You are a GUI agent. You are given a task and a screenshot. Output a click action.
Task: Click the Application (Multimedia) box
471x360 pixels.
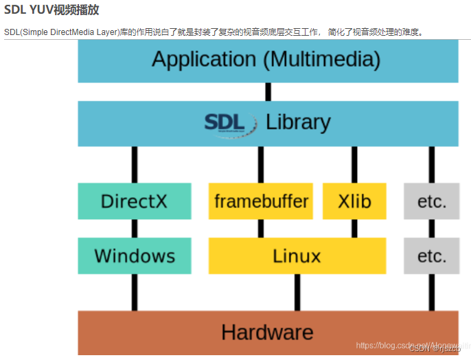pos(267,60)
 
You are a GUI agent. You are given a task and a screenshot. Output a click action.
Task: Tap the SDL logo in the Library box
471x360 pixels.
pos(225,123)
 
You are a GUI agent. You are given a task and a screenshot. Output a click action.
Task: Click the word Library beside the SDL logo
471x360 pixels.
pos(298,123)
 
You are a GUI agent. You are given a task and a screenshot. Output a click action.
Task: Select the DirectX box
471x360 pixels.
pos(134,201)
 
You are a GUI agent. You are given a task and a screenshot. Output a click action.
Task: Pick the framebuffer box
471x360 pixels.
pos(261,201)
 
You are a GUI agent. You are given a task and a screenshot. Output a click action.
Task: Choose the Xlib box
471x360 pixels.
pos(354,201)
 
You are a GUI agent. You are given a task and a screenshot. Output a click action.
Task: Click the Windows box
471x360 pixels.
pos(134,256)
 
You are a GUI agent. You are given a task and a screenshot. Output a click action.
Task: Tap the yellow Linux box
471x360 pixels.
pos(297,256)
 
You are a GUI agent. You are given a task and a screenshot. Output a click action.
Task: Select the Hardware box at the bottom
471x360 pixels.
pos(267,333)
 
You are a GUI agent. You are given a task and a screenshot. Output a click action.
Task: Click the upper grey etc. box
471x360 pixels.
pos(431,201)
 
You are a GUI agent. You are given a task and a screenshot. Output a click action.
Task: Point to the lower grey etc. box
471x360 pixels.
pos(431,256)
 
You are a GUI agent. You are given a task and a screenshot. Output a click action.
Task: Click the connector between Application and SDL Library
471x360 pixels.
pos(267,92)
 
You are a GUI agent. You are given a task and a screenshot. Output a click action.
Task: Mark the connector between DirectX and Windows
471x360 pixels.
pos(135,229)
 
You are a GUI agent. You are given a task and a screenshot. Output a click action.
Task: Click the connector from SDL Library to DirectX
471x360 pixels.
pos(135,164)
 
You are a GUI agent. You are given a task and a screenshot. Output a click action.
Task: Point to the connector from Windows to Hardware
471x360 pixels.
pos(135,293)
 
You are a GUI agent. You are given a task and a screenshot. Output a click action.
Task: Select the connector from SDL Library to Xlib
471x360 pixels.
pos(354,164)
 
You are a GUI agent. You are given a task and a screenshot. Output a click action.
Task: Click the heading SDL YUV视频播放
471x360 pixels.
pos(51,10)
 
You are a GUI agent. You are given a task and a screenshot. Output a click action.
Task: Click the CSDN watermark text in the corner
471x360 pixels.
pos(439,348)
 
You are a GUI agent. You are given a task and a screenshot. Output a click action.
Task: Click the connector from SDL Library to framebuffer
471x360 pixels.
pos(261,164)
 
